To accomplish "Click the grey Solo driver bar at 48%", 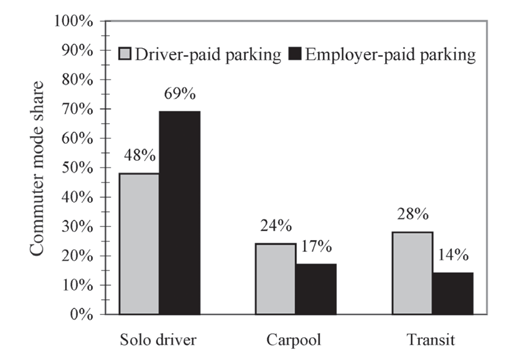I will (x=138, y=243).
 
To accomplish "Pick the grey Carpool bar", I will (x=275, y=278).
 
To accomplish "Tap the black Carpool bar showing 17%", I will (x=315, y=288).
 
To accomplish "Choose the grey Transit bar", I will (x=412, y=272).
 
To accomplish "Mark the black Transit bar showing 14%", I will (x=452, y=293).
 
